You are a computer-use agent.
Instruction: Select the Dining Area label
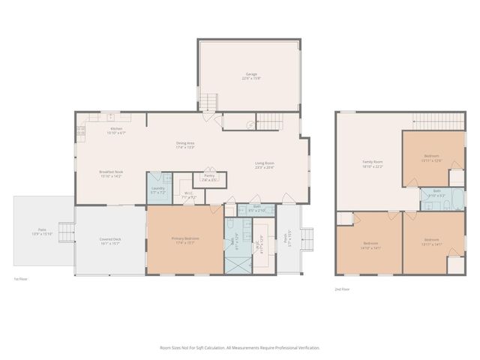click(185, 145)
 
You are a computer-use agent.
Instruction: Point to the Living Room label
click(264, 165)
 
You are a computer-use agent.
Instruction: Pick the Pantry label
click(209, 178)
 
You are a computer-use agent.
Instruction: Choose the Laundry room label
click(157, 190)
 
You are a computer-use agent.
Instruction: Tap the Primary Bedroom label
click(184, 241)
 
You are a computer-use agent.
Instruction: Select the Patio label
click(43, 232)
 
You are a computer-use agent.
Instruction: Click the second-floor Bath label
click(436, 193)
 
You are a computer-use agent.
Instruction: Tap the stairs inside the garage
click(209, 101)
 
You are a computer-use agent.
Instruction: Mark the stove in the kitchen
click(81, 132)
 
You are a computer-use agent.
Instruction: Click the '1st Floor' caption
click(20, 279)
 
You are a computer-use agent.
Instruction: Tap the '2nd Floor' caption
click(343, 289)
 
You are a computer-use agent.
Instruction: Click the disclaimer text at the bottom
click(240, 348)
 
